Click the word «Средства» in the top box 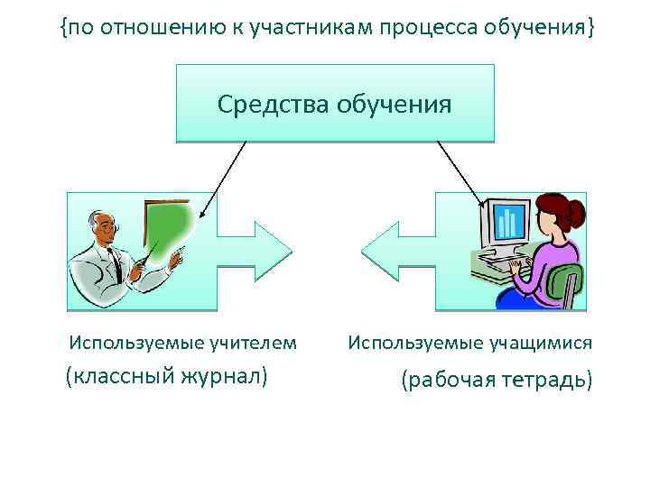pyautogui.click(x=272, y=105)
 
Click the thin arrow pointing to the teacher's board pyautogui.click(x=223, y=180)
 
